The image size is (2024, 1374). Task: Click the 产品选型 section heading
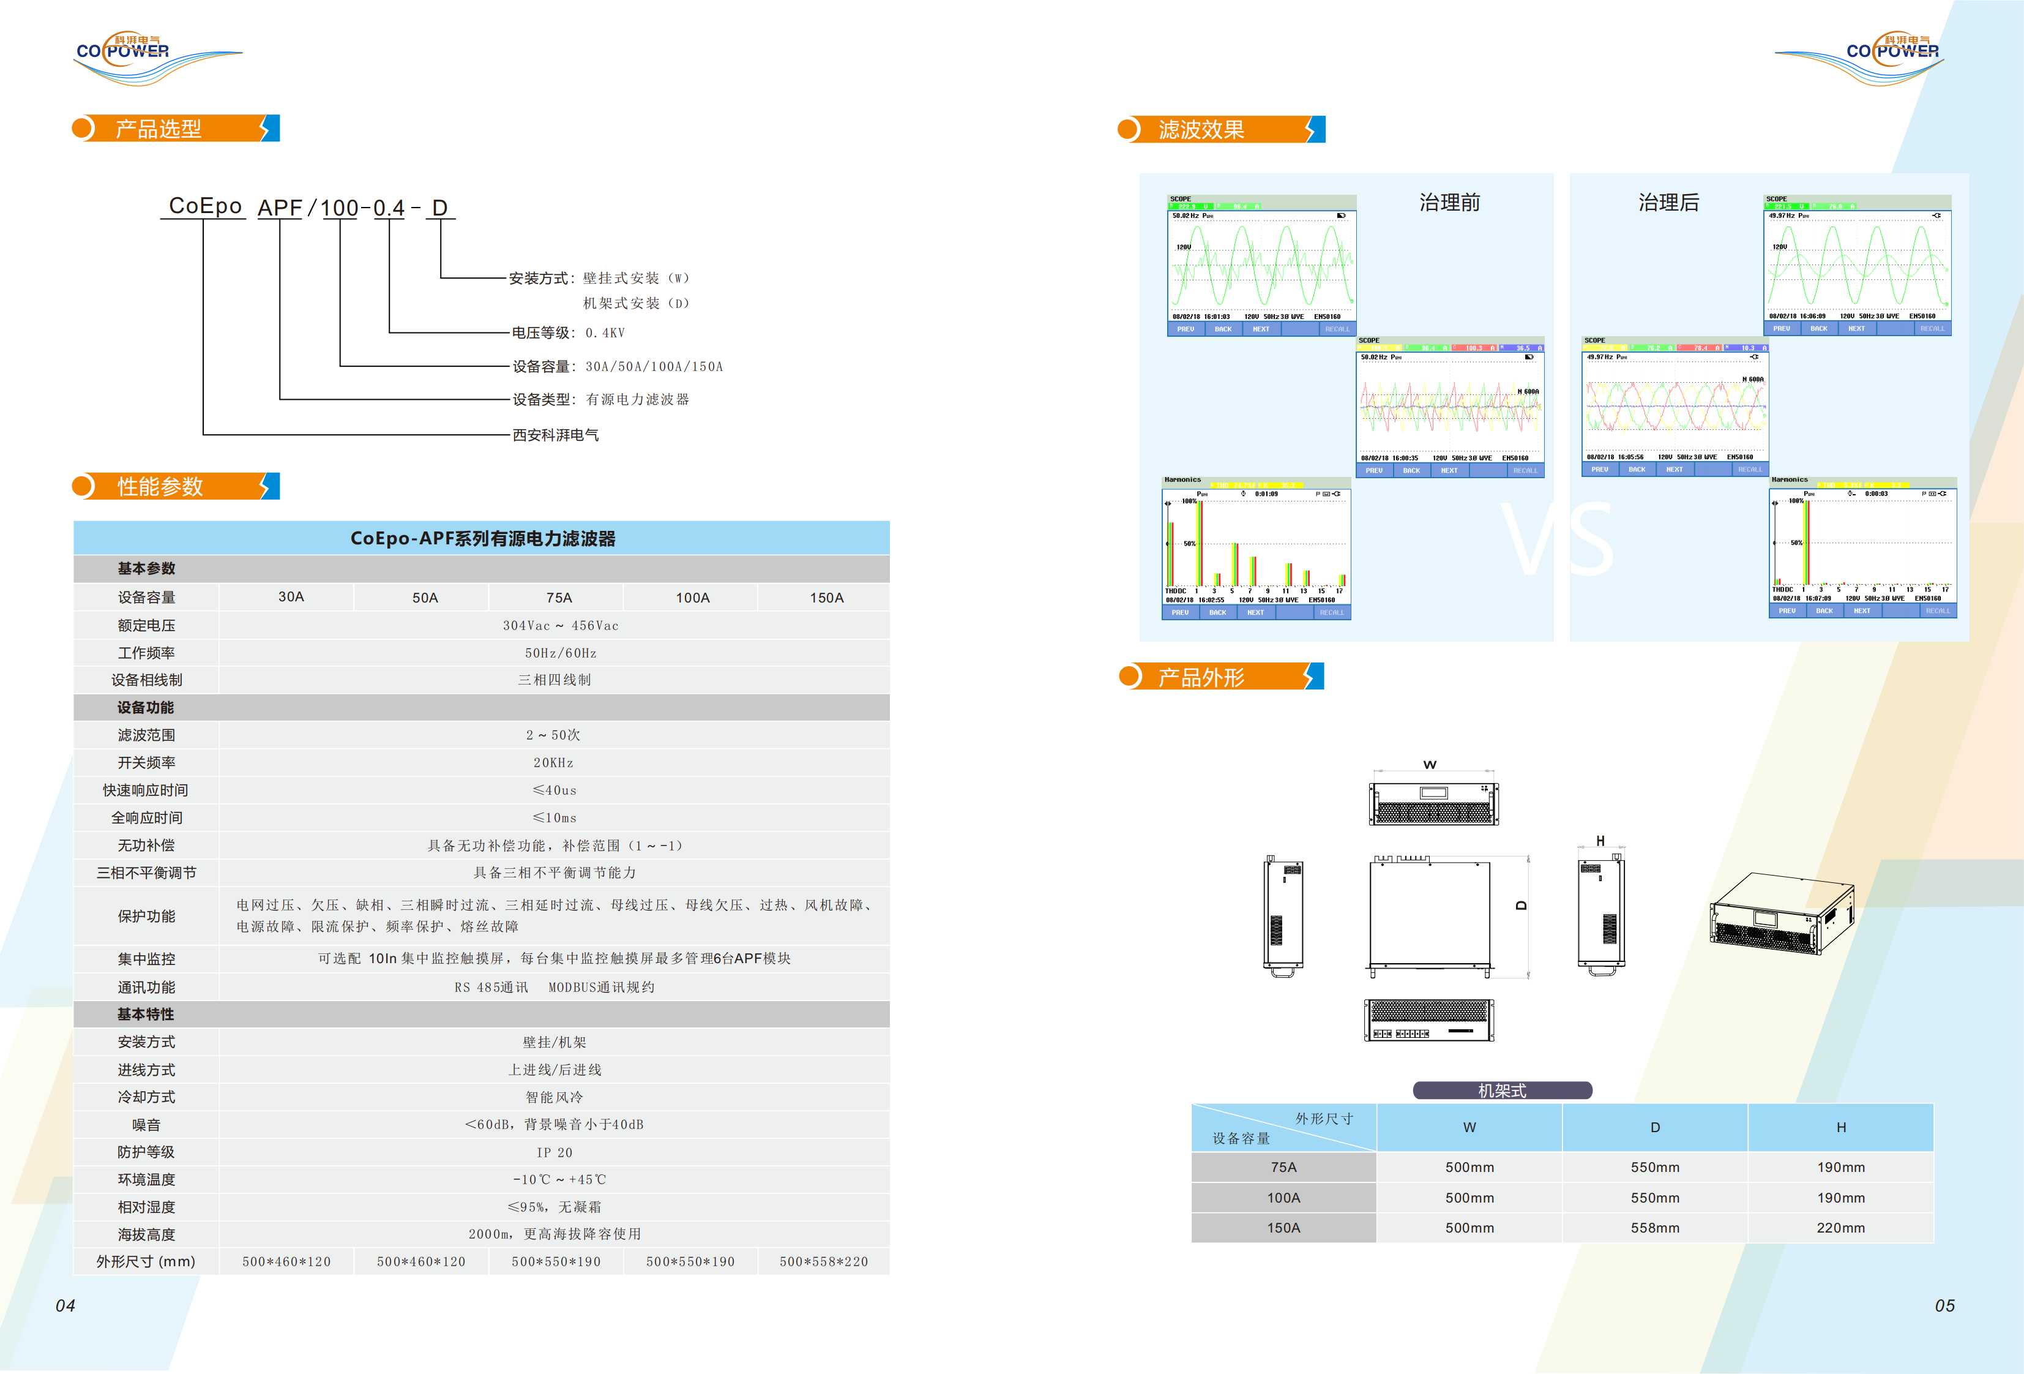click(159, 129)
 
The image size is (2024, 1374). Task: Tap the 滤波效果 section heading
click(1201, 130)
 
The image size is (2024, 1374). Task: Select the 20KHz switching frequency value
click(554, 762)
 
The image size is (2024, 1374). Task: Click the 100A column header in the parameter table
click(692, 598)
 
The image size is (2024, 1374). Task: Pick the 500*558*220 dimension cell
click(823, 1261)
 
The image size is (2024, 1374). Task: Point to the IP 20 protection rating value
click(554, 1152)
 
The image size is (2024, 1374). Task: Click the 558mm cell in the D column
click(1655, 1228)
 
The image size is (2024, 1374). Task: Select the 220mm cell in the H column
click(1840, 1228)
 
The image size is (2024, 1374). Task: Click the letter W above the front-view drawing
click(1429, 765)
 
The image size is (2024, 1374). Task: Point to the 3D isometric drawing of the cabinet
click(1781, 913)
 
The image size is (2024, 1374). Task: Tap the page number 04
click(65, 1305)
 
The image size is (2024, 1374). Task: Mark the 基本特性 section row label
click(146, 1014)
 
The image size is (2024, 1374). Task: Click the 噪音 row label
click(146, 1125)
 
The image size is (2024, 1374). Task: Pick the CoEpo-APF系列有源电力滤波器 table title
click(482, 538)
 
